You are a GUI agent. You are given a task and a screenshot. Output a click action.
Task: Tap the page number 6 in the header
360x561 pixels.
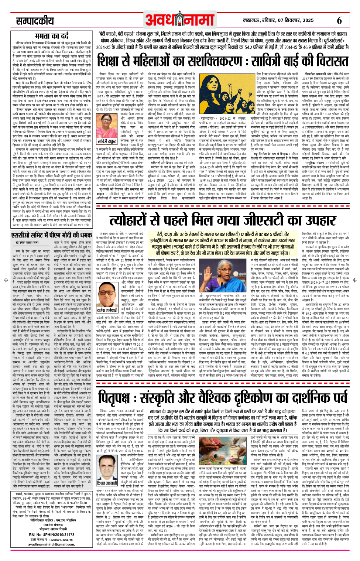click(339, 20)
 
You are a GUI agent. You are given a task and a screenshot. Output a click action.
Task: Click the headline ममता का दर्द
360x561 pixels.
click(52, 36)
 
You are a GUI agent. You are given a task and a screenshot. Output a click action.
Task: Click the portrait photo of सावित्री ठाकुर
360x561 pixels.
click(107, 126)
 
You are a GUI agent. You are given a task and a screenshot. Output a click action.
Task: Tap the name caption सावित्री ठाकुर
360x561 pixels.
click(107, 141)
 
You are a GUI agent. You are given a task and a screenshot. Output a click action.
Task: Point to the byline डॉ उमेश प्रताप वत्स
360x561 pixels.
click(27, 243)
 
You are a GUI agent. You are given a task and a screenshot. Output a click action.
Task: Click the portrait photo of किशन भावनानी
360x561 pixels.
click(107, 466)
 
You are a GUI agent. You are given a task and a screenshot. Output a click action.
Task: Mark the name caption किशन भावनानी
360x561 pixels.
click(107, 483)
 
